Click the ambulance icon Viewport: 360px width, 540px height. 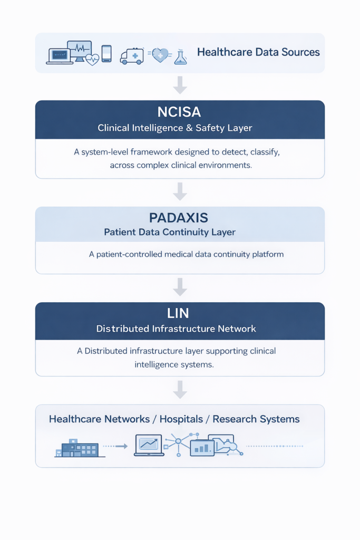132,56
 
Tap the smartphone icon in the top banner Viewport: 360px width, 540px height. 106,54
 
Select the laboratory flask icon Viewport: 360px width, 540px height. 180,57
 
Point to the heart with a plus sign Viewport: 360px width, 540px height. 160,55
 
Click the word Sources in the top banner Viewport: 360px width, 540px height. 300,52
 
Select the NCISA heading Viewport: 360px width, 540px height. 179,112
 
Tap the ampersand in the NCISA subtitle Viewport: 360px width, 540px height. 189,128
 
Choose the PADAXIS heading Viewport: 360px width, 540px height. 179,218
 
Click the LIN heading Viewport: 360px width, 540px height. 178,313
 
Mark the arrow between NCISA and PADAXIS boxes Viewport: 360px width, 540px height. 180,191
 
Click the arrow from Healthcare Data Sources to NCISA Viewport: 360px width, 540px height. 180,85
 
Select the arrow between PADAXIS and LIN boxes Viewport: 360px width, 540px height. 180,287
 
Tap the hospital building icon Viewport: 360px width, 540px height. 80,448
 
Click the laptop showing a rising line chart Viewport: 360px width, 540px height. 149,445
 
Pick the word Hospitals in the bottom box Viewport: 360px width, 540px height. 181,419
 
